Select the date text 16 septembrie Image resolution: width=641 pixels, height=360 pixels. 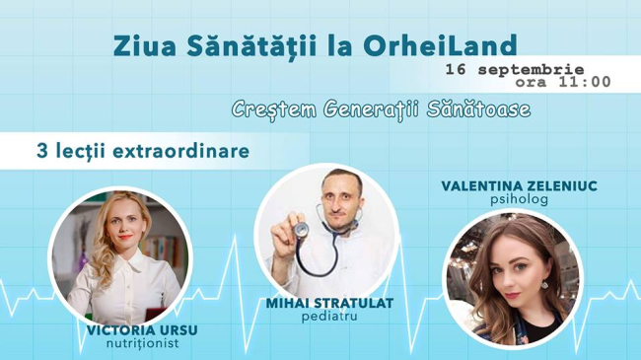(514, 70)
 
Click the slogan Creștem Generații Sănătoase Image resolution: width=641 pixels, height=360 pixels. (381, 109)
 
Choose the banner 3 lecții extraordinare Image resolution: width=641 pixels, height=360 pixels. (142, 153)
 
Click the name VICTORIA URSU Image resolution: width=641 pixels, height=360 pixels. (135, 329)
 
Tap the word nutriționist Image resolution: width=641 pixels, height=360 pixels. (135, 344)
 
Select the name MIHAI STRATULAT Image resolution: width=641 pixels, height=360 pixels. (328, 303)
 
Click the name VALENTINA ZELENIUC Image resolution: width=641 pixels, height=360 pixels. (506, 185)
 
